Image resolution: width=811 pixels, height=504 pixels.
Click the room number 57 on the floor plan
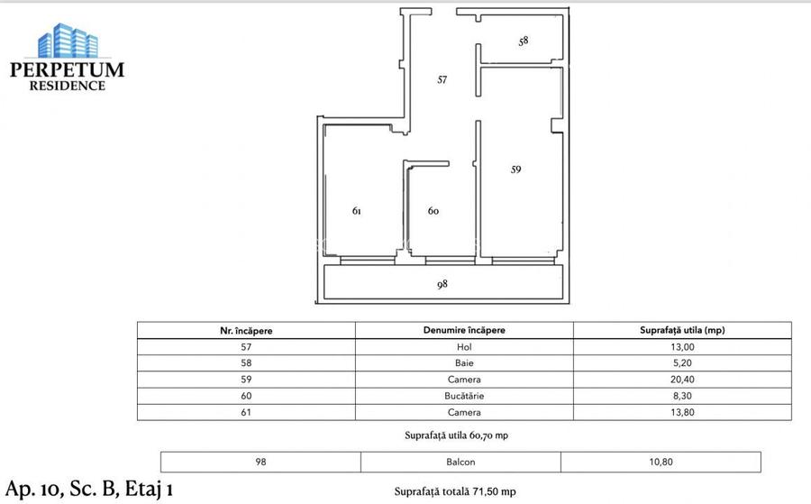pyautogui.click(x=442, y=79)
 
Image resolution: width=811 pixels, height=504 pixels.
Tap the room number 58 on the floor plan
pyautogui.click(x=524, y=41)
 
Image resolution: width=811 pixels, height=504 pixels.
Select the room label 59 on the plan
pyautogui.click(x=516, y=169)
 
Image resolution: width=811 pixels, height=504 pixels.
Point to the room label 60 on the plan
pyautogui.click(x=433, y=211)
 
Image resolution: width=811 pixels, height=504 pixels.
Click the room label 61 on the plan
pyautogui.click(x=357, y=211)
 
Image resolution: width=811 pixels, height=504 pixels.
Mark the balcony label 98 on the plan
pyautogui.click(x=442, y=283)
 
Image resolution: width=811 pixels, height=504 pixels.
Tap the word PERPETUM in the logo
pyautogui.click(x=67, y=70)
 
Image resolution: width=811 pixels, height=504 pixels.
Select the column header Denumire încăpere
pyautogui.click(x=464, y=330)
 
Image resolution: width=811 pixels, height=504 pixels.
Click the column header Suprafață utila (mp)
pyautogui.click(x=676, y=330)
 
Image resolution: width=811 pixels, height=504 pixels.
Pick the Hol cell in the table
pyautogui.click(x=464, y=346)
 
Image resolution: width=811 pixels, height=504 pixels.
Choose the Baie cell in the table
pyautogui.click(x=464, y=362)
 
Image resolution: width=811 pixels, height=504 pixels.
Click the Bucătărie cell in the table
pyautogui.click(x=464, y=396)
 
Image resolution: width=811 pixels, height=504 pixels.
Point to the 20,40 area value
pyautogui.click(x=676, y=380)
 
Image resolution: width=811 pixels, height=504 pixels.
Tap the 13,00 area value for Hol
pyautogui.click(x=676, y=346)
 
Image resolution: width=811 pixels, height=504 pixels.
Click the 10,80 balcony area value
pyautogui.click(x=676, y=462)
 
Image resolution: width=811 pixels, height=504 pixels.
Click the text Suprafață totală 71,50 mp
pyautogui.click(x=455, y=491)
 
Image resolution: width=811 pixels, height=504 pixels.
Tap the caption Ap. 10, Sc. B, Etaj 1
pyautogui.click(x=88, y=489)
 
